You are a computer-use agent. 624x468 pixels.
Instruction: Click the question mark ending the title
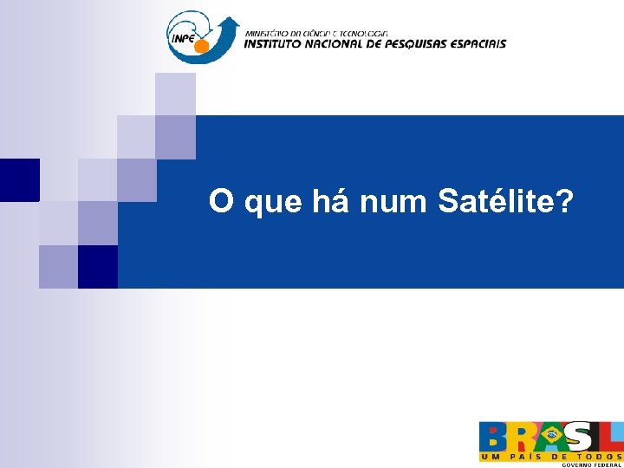[x=564, y=202]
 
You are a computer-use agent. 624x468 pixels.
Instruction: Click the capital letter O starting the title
[x=220, y=202]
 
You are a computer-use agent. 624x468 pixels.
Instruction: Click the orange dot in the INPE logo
[x=202, y=46]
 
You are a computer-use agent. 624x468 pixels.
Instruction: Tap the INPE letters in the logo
[x=184, y=37]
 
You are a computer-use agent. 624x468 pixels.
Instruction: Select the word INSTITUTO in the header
[x=275, y=43]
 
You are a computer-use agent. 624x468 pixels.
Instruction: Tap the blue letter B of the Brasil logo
[x=493, y=437]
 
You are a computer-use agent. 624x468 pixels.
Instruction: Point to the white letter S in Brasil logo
[x=580, y=437]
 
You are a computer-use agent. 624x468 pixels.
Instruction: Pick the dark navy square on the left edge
[x=19, y=179]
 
